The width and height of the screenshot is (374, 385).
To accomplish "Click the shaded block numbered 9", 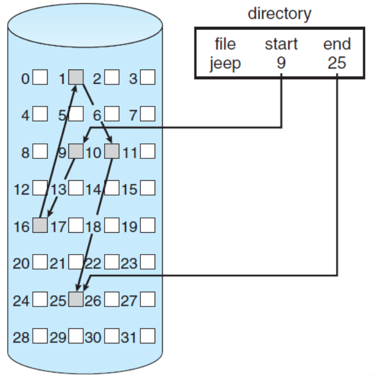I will (x=76, y=151).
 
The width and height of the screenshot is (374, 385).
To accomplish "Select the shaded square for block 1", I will (x=76, y=77).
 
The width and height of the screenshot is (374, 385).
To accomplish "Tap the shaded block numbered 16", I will (x=40, y=226).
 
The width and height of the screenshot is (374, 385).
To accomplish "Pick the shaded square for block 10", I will (x=112, y=151).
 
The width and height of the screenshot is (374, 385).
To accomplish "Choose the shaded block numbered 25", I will (x=76, y=299).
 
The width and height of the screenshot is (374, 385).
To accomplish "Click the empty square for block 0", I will (x=40, y=77).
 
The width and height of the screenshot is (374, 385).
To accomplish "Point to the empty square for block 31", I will (x=147, y=337).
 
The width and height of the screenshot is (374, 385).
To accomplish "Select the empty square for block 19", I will (x=147, y=226).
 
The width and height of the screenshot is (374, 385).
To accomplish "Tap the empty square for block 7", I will (x=147, y=114).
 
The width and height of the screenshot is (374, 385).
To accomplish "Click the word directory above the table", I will (x=279, y=14).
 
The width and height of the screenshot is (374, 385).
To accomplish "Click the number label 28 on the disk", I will (x=21, y=337).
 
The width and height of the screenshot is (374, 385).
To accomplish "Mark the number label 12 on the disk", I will (x=21, y=189).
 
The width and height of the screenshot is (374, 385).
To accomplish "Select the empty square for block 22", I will (x=112, y=262).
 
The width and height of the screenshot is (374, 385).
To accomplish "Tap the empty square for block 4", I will (x=40, y=114).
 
